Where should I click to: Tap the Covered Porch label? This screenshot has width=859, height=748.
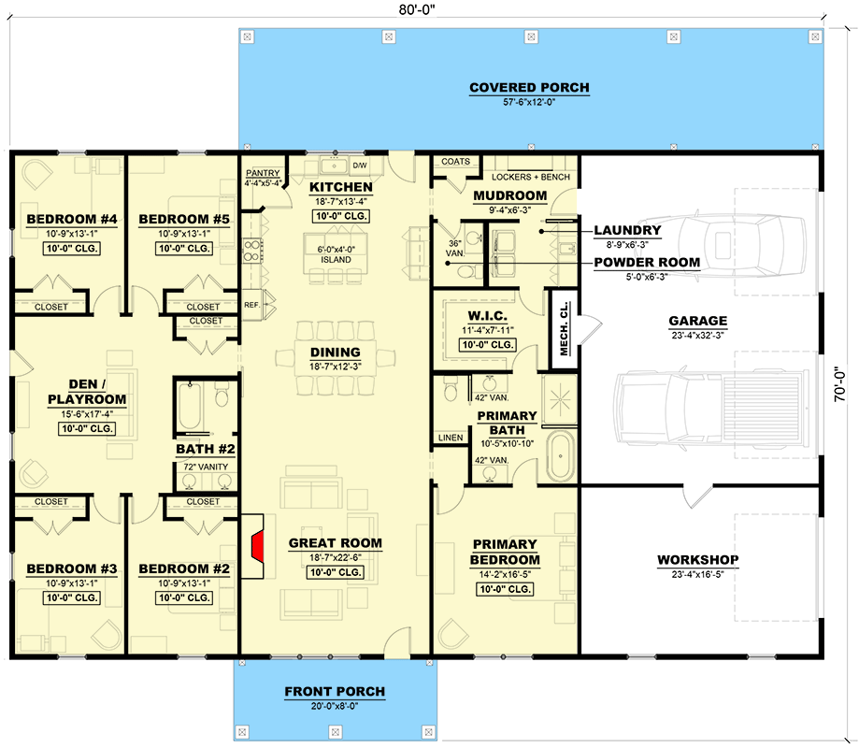click(x=529, y=88)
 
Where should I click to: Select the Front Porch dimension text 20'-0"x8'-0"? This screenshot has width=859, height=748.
click(x=334, y=707)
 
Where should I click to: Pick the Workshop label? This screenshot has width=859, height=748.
click(x=697, y=560)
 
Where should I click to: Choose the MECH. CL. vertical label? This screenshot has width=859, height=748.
click(x=564, y=328)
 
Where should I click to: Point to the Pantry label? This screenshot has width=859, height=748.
click(x=263, y=174)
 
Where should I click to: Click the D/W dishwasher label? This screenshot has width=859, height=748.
click(x=359, y=165)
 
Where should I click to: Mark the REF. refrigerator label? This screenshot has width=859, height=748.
click(x=251, y=304)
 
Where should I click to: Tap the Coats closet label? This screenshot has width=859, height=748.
click(x=455, y=161)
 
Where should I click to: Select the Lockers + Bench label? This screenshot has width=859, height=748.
click(x=530, y=177)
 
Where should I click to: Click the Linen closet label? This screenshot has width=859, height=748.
click(x=450, y=437)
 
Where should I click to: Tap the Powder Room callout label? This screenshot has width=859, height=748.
click(x=647, y=263)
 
